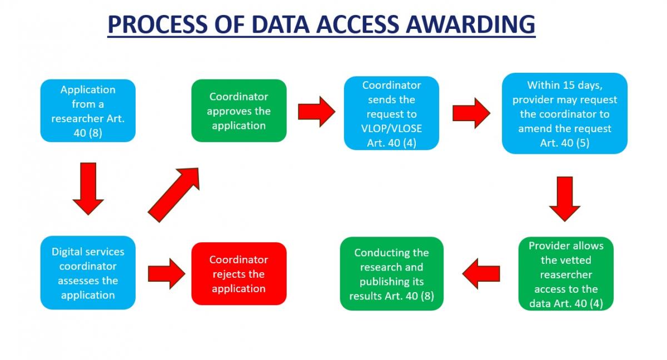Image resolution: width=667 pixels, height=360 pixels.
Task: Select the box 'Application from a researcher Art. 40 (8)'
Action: pyautogui.click(x=88, y=111)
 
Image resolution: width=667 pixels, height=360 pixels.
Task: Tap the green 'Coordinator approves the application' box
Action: pyautogui.click(x=239, y=111)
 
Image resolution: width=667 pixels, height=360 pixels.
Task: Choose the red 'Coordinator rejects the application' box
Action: pyautogui.click(x=239, y=274)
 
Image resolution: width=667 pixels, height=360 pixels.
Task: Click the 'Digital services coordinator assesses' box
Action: pyautogui.click(x=88, y=273)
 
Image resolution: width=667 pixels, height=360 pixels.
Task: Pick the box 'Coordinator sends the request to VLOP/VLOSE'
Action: pyautogui.click(x=391, y=113)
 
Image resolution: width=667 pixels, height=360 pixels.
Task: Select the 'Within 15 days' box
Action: pyautogui.click(x=564, y=113)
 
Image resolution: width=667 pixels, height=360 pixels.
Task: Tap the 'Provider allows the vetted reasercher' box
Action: pyautogui.click(x=566, y=274)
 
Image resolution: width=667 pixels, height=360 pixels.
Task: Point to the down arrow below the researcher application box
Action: pyautogui.click(x=88, y=188)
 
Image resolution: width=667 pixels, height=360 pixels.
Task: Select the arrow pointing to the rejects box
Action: pyautogui.click(x=166, y=273)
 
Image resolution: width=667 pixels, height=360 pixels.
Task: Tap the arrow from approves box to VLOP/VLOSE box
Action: pyautogui.click(x=316, y=111)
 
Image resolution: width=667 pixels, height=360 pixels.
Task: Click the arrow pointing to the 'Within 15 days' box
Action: pyautogui.click(x=471, y=112)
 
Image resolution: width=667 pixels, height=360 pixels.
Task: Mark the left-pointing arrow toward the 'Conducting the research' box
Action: pyautogui.click(x=481, y=273)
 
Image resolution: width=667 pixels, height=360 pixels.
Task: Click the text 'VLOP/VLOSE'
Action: pyautogui.click(x=391, y=128)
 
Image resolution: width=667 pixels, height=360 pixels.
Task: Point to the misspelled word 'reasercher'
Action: pyautogui.click(x=566, y=274)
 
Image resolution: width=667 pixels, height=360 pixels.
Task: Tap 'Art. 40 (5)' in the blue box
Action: pyautogui.click(x=564, y=143)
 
